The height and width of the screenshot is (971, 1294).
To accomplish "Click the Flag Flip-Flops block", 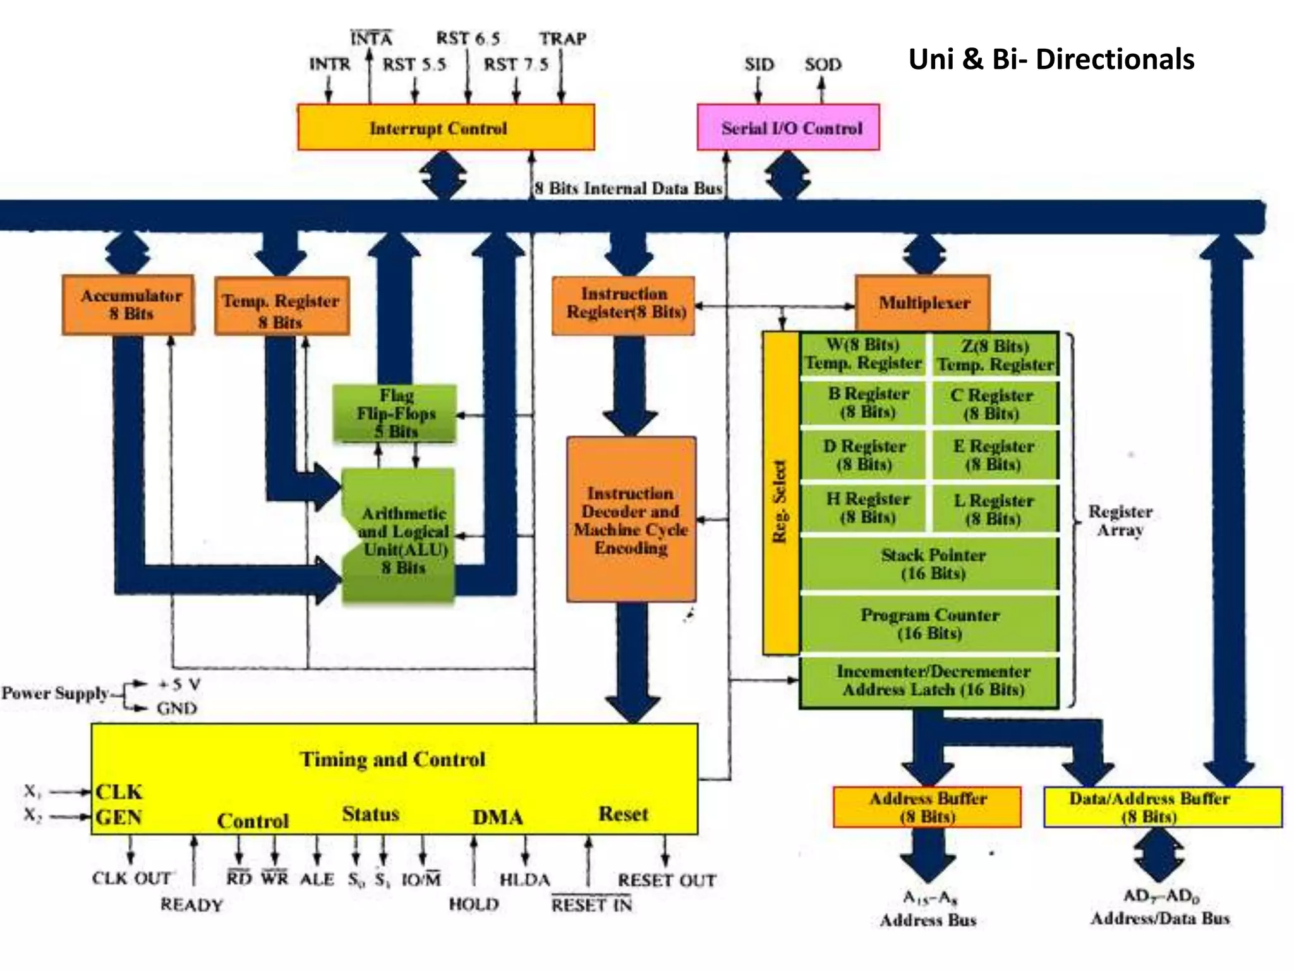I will tap(395, 413).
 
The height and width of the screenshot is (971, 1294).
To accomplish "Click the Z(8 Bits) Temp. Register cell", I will tap(995, 355).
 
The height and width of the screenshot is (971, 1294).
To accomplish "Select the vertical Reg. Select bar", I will tap(781, 493).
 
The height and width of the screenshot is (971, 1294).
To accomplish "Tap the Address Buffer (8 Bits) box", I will tap(927, 807).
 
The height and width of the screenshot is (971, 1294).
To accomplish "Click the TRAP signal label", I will tap(562, 39).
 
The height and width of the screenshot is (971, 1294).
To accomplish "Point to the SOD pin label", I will tap(823, 64).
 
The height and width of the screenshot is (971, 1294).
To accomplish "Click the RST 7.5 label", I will tap(516, 64).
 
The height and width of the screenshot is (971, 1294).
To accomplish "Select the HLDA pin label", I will tap(524, 879).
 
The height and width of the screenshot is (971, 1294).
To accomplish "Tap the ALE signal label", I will tap(317, 879).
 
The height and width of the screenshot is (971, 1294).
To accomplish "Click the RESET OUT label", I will tap(667, 880).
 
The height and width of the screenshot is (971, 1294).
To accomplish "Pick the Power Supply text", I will tap(55, 693).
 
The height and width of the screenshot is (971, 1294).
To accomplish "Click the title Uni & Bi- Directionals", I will tap(1051, 59).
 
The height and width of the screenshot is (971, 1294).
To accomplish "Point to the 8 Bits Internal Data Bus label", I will tap(628, 188).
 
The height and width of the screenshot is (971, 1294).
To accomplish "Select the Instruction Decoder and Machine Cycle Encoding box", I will tap(631, 519).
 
